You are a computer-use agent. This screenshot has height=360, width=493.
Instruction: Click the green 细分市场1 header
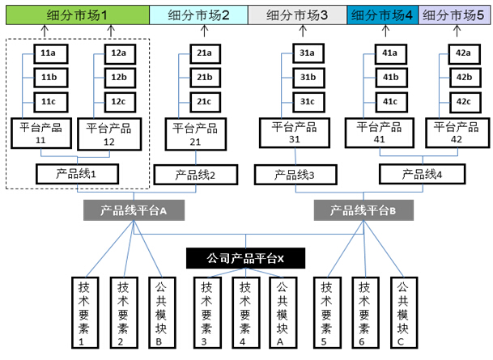pos(75,15)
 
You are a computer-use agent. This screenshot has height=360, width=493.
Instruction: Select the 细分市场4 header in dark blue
pos(383,15)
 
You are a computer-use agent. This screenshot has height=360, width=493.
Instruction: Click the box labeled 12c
pos(119,102)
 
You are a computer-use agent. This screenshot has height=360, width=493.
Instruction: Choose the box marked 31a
pos(307,54)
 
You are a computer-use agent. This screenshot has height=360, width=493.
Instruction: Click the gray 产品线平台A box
pos(134,210)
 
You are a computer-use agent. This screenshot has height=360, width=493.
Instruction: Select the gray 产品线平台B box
pos(363,210)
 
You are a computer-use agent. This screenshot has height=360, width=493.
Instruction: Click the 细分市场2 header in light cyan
pos(198,15)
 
